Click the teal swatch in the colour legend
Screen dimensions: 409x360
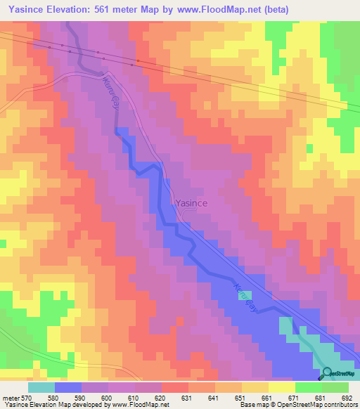click(41, 387)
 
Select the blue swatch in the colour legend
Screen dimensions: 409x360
click(68, 387)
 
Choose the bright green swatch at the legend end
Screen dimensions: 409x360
click(335, 387)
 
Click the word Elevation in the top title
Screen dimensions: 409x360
click(75, 9)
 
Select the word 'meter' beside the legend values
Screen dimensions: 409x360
click(11, 398)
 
